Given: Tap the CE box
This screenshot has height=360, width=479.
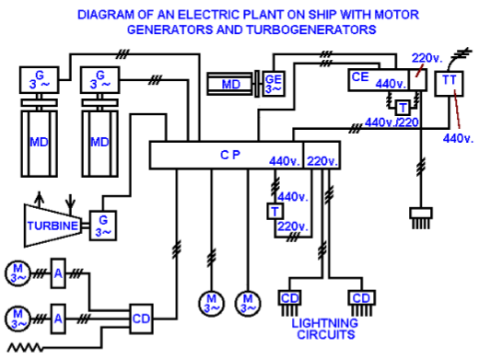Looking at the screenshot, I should (x=361, y=80).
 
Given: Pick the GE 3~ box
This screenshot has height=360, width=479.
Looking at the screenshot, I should (x=274, y=84).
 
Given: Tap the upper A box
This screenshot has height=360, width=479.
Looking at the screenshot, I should (x=57, y=274).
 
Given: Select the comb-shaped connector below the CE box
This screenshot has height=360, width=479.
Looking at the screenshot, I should (x=423, y=220).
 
